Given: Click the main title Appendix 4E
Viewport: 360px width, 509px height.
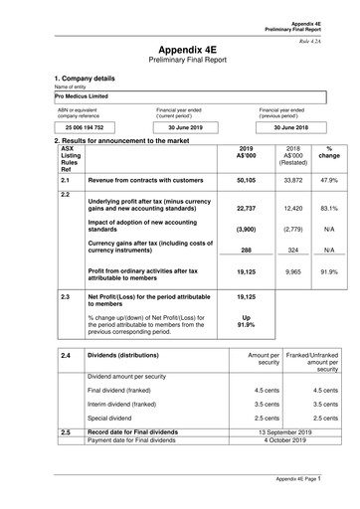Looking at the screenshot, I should tap(180, 48).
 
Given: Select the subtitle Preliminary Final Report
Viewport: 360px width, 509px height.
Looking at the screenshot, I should tap(180, 61).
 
